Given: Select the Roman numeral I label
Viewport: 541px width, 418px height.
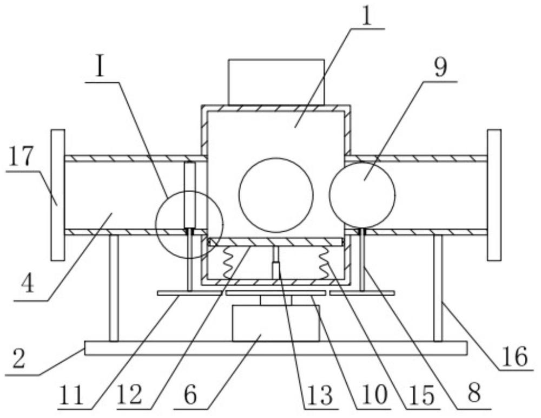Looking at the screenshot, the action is [100, 68].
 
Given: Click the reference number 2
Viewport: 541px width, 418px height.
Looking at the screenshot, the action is [19, 358].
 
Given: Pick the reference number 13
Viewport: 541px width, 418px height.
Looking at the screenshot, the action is [320, 396].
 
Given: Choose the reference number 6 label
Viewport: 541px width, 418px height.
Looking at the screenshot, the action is [190, 395].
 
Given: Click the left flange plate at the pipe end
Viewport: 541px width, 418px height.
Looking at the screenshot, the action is [58, 195].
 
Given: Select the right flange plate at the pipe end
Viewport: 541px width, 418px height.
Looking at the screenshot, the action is [494, 195].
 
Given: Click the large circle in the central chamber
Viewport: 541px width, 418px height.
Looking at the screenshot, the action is [276, 195].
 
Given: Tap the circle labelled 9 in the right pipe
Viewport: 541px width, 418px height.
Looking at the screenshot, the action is [362, 195].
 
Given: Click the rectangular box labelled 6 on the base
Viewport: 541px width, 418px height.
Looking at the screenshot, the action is [276, 324].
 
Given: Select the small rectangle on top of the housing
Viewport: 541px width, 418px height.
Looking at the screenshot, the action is [276, 82].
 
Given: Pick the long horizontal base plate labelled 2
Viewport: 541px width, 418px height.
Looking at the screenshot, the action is [276, 348].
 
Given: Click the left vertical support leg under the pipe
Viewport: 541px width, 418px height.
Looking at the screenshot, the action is [114, 288].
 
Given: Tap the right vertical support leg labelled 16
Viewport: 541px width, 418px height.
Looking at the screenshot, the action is [438, 288].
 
